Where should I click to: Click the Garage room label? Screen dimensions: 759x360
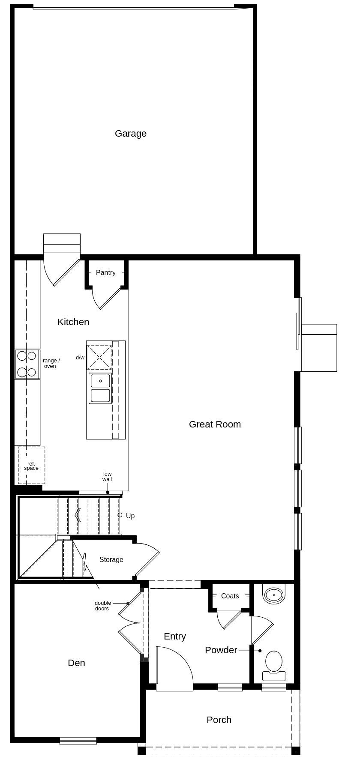click(x=131, y=134)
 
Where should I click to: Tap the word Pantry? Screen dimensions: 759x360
click(x=105, y=273)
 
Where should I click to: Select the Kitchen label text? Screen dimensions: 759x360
click(x=73, y=322)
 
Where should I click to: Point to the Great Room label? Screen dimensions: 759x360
click(x=215, y=424)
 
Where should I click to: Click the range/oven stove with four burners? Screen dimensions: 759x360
click(x=27, y=364)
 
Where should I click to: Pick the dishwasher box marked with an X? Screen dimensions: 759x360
click(x=99, y=358)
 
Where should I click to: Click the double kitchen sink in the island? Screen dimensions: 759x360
click(x=100, y=388)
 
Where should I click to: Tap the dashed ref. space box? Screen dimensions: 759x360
click(x=31, y=466)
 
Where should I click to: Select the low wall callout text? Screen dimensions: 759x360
click(x=107, y=477)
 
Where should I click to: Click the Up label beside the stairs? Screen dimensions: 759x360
click(x=130, y=516)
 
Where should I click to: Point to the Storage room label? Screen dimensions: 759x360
click(x=111, y=560)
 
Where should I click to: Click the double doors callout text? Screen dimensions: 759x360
click(x=102, y=606)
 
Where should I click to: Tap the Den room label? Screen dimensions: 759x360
click(x=76, y=663)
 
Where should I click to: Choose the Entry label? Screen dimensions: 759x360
click(x=175, y=636)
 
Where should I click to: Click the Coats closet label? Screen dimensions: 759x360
click(x=230, y=596)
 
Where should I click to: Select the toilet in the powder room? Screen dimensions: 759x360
click(x=274, y=666)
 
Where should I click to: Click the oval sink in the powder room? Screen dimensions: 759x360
click(x=273, y=595)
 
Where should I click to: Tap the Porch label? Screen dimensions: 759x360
click(x=219, y=720)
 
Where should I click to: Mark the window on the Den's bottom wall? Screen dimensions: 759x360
click(x=78, y=741)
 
